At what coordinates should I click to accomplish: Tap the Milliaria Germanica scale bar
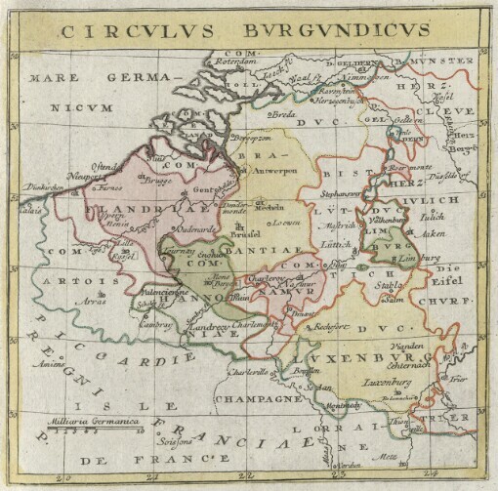point(96,423)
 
